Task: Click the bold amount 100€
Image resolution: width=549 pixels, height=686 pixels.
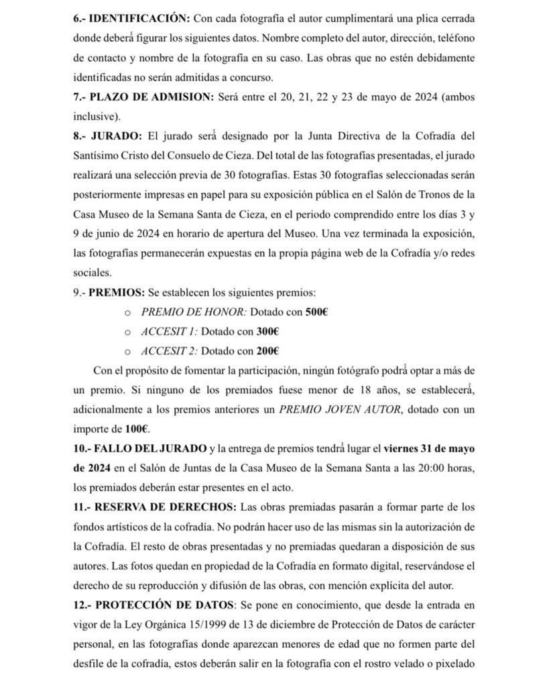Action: point(136,427)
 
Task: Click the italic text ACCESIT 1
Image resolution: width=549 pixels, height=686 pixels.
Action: point(169,331)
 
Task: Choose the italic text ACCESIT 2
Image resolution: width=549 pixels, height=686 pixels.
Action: point(169,350)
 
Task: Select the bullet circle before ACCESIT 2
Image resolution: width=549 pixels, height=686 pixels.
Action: point(129,351)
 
